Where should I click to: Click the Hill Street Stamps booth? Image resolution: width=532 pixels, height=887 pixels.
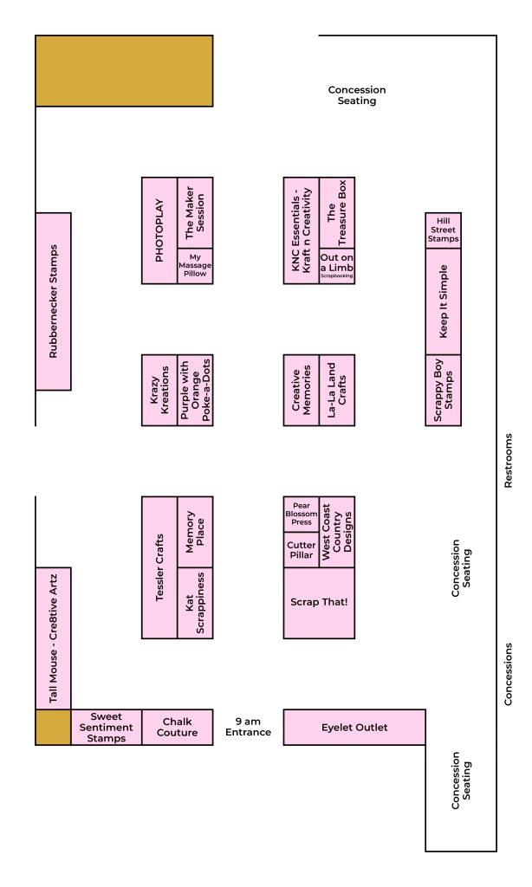pos(443,230)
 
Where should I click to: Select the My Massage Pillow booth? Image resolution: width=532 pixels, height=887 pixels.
pos(195,266)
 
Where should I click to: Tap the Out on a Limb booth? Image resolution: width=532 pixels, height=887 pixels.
pos(337,266)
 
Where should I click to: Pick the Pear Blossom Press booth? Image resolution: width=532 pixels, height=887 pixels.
pos(301,515)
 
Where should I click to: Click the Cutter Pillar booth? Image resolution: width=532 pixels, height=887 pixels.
pos(301,550)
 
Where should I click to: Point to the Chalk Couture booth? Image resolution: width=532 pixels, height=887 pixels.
pos(177,727)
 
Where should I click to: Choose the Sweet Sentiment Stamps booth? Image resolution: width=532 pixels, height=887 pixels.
pos(107,727)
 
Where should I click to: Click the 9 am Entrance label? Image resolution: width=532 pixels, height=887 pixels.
pos(248,727)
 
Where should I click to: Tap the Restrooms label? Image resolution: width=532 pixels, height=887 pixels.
pos(509,461)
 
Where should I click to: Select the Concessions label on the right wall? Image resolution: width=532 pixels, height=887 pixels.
pos(509,674)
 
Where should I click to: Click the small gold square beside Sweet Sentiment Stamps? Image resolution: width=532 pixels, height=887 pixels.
pos(53,727)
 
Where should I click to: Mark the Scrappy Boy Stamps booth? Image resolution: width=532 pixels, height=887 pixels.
pos(443,391)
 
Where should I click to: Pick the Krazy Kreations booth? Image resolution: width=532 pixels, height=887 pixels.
pos(159,391)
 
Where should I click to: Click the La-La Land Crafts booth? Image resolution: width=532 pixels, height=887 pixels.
pos(337,391)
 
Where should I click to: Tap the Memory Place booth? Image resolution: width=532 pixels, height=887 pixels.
pos(195,533)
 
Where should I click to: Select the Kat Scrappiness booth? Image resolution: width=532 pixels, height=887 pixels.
pos(195,603)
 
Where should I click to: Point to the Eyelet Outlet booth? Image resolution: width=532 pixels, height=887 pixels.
pos(354,727)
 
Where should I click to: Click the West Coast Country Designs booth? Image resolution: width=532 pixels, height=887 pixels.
pos(337,533)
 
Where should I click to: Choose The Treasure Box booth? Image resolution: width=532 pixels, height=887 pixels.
pos(337,213)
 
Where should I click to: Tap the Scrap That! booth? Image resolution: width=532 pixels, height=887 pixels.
pos(319,603)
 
